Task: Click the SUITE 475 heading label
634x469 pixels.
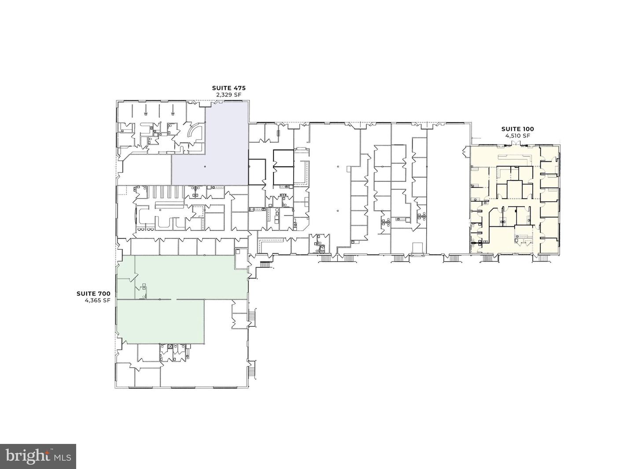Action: pos(229,88)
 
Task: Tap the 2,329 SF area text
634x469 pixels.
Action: pos(229,95)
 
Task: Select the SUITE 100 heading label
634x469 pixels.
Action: pos(518,129)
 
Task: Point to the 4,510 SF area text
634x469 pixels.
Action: pos(518,136)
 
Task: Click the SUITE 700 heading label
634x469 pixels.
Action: pos(93,294)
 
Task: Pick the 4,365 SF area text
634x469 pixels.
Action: pos(97,300)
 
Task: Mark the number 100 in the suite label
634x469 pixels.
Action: pos(527,129)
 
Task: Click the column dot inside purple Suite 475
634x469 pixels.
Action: pos(205,166)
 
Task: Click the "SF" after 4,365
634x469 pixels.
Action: pos(107,300)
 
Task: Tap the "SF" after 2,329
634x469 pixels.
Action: pos(238,95)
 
